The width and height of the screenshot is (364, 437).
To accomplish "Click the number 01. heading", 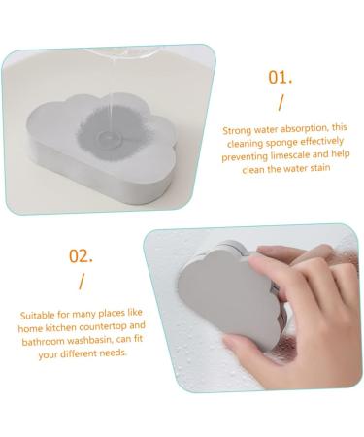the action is click(x=281, y=78).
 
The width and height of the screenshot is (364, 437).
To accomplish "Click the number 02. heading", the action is click(x=81, y=255).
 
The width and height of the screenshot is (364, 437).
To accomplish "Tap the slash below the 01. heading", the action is click(x=281, y=102).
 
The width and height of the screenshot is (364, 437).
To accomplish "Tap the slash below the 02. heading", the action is click(x=82, y=282).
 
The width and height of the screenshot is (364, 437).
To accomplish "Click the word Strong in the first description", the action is click(x=237, y=130).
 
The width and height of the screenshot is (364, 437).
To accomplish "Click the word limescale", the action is click(x=288, y=155).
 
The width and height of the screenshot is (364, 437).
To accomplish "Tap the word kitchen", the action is click(x=60, y=328).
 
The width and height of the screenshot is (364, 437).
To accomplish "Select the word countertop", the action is click(x=103, y=326).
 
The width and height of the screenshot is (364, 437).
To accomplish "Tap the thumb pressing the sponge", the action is click(x=271, y=270).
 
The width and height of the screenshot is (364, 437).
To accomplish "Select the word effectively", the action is click(x=322, y=141).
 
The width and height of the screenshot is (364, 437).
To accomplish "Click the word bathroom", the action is click(x=43, y=342).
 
